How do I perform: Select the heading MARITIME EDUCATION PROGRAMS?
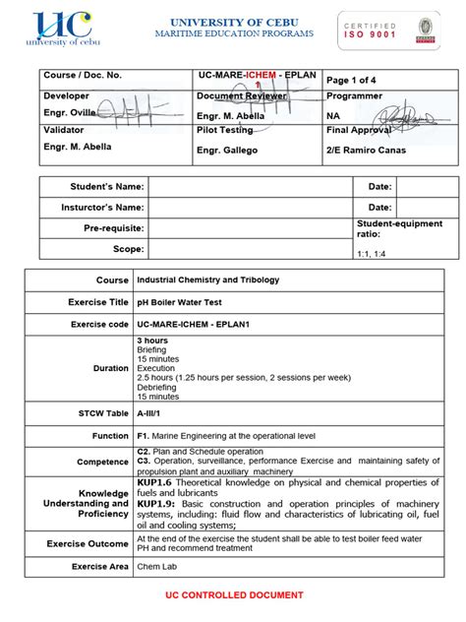click(x=234, y=34)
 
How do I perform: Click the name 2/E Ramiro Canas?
click(x=365, y=149)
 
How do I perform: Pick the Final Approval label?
click(x=359, y=130)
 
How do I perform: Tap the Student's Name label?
click(x=109, y=186)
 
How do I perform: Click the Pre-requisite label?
click(x=113, y=228)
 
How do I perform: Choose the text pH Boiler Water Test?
click(x=181, y=302)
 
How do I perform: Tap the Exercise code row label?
click(x=99, y=324)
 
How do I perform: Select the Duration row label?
click(x=111, y=368)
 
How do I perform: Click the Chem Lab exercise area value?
click(x=157, y=567)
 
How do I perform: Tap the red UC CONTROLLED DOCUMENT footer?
click(x=233, y=595)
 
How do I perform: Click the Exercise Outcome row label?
click(x=87, y=543)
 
